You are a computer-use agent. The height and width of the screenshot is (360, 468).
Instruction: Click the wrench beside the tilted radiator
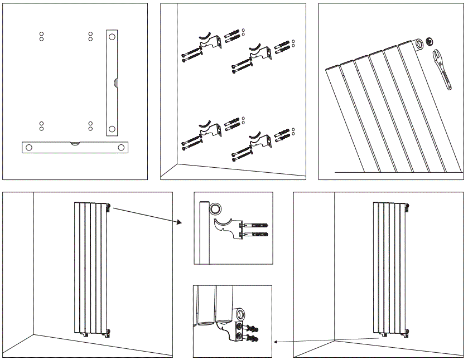point(443,69)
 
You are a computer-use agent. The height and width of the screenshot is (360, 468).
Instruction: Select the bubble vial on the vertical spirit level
point(115,83)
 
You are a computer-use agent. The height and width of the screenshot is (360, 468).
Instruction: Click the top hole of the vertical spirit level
point(112,37)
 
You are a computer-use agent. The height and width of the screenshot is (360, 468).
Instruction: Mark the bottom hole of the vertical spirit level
point(112,129)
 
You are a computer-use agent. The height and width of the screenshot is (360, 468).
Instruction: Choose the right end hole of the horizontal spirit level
point(120,148)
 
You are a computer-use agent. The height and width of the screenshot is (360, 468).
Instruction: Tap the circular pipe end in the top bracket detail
point(214,210)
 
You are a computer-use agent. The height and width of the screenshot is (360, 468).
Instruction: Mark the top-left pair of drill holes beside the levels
point(41,36)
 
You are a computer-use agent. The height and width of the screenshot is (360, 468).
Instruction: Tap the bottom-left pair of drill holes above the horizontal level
point(41,125)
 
